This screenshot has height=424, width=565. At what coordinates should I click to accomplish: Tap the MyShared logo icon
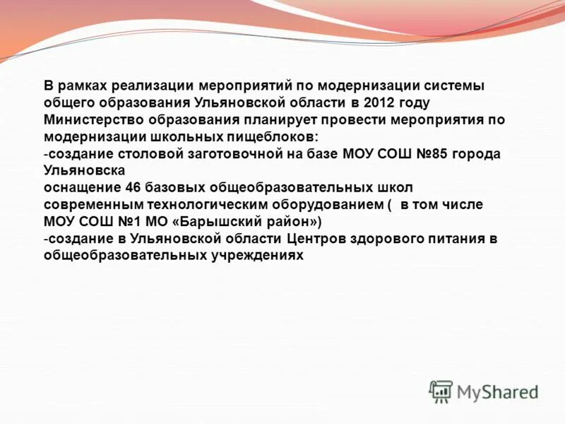point(441,391)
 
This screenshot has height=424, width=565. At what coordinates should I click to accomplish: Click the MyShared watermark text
point(497,391)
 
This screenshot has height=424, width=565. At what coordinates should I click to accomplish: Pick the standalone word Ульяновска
point(84,170)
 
